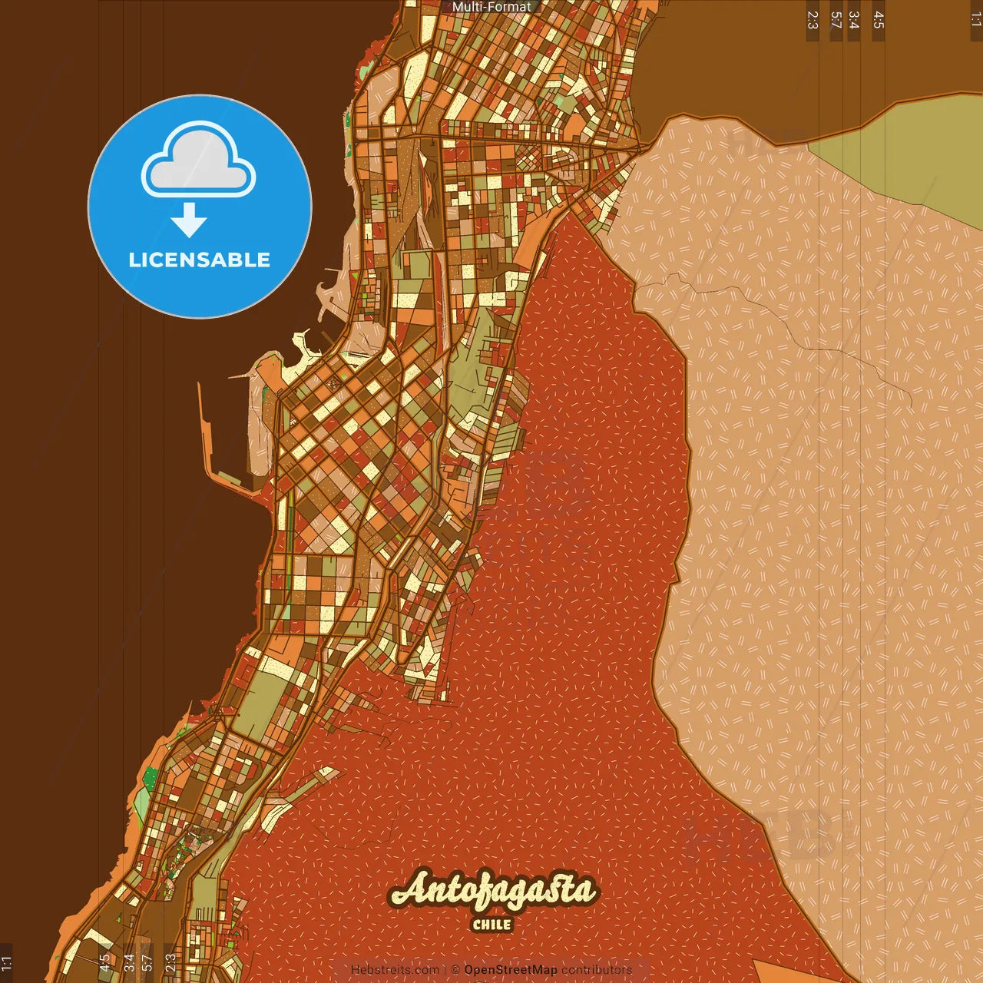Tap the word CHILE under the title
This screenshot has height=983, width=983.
click(x=491, y=925)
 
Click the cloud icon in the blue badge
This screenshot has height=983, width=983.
click(x=198, y=160)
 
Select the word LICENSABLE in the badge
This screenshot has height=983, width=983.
click(x=200, y=260)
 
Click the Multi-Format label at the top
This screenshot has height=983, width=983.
click(x=491, y=7)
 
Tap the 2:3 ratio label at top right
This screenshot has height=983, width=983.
click(x=813, y=20)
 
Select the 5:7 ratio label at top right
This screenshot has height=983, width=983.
click(x=836, y=20)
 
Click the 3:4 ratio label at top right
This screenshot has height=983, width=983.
click(x=854, y=20)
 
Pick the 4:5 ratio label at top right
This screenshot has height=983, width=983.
click(x=879, y=20)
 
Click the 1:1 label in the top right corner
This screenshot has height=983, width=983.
click(x=975, y=20)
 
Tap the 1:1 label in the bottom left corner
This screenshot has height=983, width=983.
click(x=7, y=962)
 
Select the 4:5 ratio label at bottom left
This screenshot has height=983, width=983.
click(x=104, y=962)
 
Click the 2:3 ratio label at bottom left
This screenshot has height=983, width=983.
click(x=170, y=962)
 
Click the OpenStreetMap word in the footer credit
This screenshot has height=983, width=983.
click(x=511, y=970)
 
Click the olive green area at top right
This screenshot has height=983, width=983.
click(x=914, y=146)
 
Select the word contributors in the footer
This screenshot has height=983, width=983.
click(x=596, y=970)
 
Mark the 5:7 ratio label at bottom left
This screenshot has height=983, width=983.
click(x=147, y=962)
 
